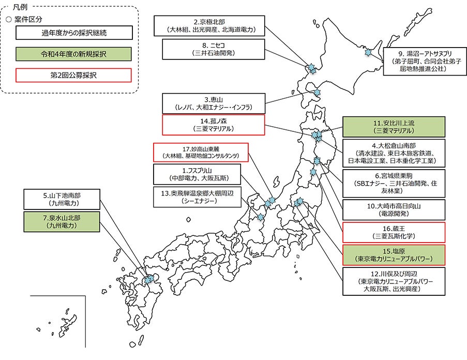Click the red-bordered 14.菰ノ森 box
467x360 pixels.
(213, 125)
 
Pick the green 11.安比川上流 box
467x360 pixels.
(393, 127)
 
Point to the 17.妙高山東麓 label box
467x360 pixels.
(201, 152)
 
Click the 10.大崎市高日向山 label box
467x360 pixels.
(393, 209)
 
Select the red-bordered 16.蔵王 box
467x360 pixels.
(393, 232)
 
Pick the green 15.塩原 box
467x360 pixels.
(393, 254)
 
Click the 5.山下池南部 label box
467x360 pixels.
(61, 200)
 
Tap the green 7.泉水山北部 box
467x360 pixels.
(61, 222)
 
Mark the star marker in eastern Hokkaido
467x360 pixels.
(369, 52)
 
